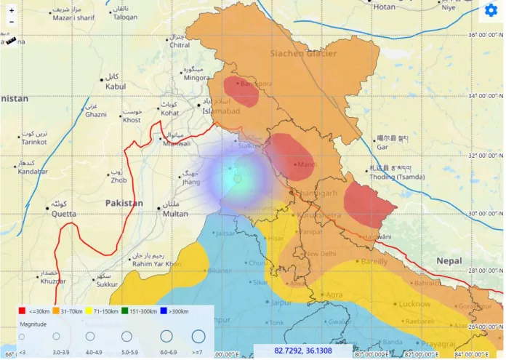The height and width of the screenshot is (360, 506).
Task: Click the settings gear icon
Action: point(491,12)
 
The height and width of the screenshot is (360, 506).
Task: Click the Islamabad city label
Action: point(221,111)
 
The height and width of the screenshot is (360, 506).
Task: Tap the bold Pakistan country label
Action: point(124,203)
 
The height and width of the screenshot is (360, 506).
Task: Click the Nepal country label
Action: point(449,260)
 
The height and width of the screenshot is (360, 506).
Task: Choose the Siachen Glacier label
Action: point(303,53)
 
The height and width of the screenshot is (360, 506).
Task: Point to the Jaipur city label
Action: point(283,301)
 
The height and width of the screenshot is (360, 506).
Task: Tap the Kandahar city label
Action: point(33,172)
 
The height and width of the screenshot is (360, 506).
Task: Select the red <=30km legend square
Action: point(22,311)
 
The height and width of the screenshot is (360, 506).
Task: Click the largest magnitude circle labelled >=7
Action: point(198,337)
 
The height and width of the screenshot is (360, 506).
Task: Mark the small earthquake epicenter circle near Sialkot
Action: point(237,178)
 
